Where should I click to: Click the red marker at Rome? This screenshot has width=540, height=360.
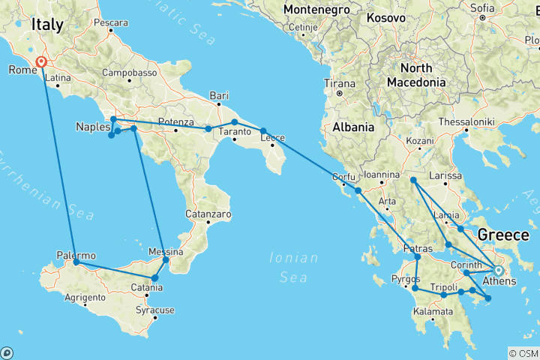click(40, 63)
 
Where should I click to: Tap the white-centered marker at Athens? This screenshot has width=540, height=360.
click(498, 271)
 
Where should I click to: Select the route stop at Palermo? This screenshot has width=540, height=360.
click(76, 262)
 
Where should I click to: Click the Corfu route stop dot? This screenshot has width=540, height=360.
click(358, 190)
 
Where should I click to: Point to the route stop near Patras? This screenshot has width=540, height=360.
click(418, 257)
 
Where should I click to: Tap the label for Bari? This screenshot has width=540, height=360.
click(219, 95)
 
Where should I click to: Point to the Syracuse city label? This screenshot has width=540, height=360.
click(155, 310)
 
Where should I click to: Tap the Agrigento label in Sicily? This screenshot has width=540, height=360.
click(84, 298)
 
